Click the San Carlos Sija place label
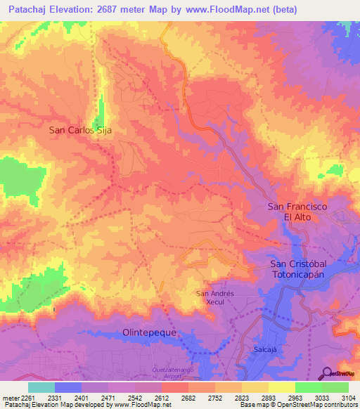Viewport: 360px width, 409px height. tap(81, 130)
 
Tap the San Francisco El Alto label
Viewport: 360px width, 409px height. tap(297, 212)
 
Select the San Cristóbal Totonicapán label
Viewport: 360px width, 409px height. tap(306, 269)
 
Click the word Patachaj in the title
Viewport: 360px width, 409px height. tap(27, 10)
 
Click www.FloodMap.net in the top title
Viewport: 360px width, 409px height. tap(227, 10)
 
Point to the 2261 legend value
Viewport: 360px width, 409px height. tap(27, 397)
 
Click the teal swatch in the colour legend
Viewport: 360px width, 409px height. tap(41, 387)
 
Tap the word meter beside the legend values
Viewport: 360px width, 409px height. tap(10, 397)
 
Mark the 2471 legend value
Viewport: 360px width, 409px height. tap(107, 397)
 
